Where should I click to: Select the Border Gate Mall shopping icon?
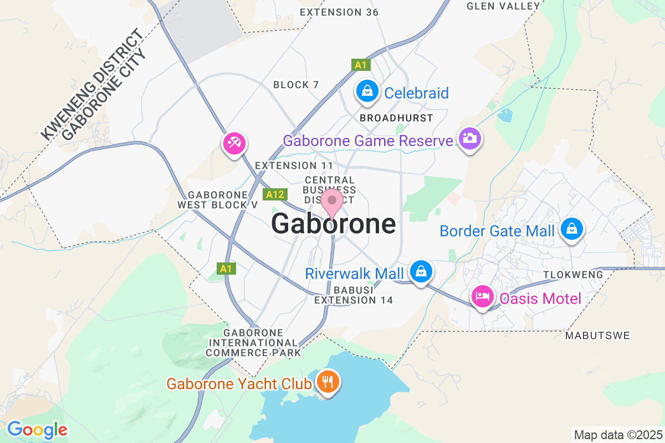(x=570, y=229)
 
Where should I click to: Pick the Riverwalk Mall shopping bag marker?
(x=421, y=271)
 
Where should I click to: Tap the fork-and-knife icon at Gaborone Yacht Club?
(x=328, y=382)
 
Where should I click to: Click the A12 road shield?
(x=275, y=194)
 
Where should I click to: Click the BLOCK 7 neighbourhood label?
(x=296, y=85)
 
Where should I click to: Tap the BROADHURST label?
(x=396, y=118)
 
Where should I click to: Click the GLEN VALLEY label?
(x=503, y=6)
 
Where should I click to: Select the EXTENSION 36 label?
(x=339, y=12)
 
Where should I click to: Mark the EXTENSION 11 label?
(x=294, y=166)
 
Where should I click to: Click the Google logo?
(x=37, y=429)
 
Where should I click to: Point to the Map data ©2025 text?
(x=617, y=435)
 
